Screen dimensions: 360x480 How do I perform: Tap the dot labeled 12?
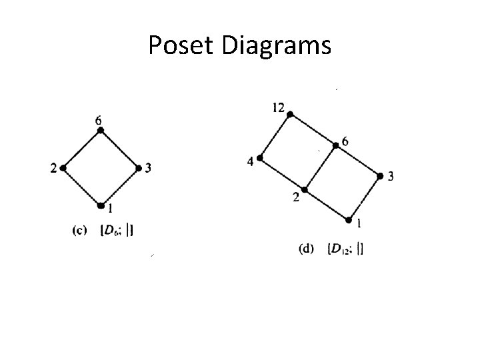pyautogui.click(x=290, y=115)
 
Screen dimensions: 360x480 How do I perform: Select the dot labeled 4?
pyautogui.click(x=260, y=158)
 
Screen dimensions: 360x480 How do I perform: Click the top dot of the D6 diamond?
pyautogui.click(x=101, y=131)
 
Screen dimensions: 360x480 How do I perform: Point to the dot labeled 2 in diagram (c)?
pyautogui.click(x=63, y=168)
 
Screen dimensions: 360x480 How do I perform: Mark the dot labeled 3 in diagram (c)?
pyautogui.click(x=138, y=167)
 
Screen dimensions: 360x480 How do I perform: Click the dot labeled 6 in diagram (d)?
pyautogui.click(x=336, y=145)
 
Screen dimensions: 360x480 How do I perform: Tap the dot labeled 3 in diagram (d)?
pyautogui.click(x=380, y=176)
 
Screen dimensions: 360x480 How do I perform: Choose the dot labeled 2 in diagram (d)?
pyautogui.click(x=305, y=189)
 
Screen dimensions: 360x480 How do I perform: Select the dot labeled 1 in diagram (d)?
pyautogui.click(x=349, y=219)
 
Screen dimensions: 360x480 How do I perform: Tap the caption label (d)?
pyautogui.click(x=307, y=250)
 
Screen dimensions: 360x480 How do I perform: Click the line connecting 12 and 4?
pyautogui.click(x=275, y=137)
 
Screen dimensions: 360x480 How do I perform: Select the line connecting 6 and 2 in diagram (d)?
pyautogui.click(x=320, y=167)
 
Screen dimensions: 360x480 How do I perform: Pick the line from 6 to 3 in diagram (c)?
pyautogui.click(x=119, y=149)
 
